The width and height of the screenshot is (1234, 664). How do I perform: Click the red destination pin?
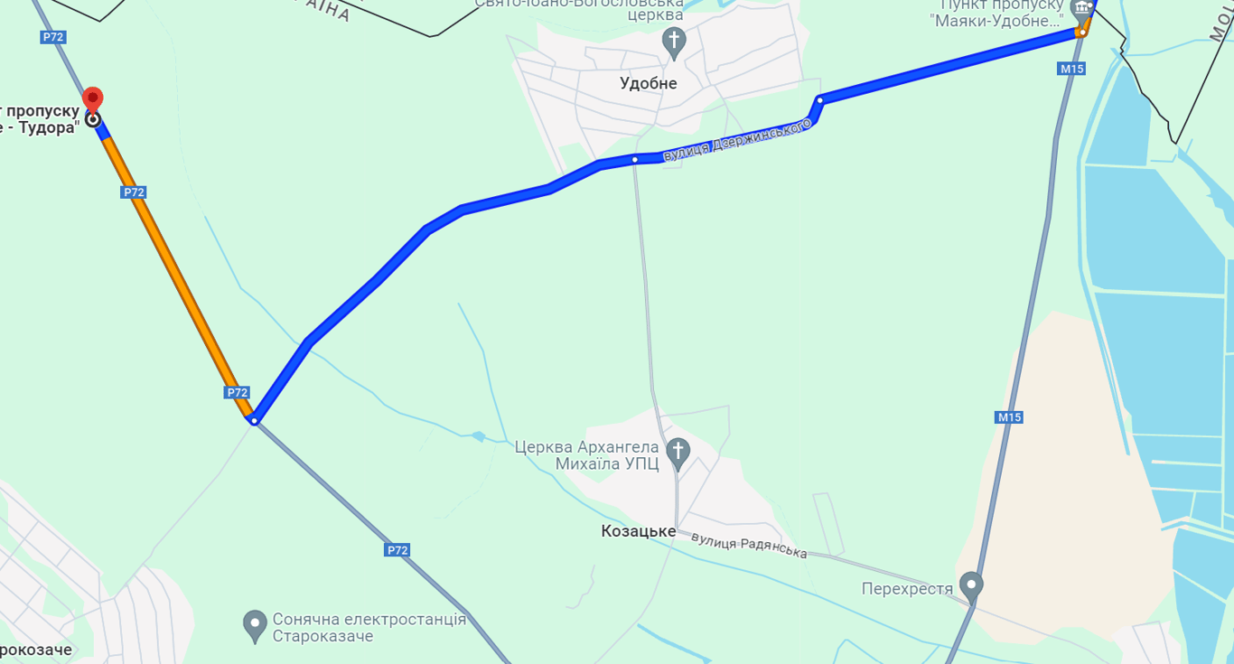coord(92,99)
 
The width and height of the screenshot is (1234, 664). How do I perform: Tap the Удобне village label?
coord(648,84)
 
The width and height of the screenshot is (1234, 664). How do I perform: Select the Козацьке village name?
coord(638,531)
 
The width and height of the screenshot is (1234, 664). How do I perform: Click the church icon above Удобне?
coord(673,41)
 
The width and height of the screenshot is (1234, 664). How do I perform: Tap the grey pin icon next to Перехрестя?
coord(971,585)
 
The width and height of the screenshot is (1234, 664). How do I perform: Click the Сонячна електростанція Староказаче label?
coord(369,628)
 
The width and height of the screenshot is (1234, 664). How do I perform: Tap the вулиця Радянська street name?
coord(749,545)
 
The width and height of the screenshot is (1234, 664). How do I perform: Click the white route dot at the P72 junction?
coord(255,420)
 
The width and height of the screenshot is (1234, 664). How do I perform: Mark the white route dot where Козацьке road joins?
coord(635,160)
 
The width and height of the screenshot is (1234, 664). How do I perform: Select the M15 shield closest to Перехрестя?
coord(1009,417)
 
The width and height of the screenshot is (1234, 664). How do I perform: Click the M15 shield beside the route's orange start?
coord(1071,69)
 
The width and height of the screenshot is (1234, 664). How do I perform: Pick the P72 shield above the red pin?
coord(53,37)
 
